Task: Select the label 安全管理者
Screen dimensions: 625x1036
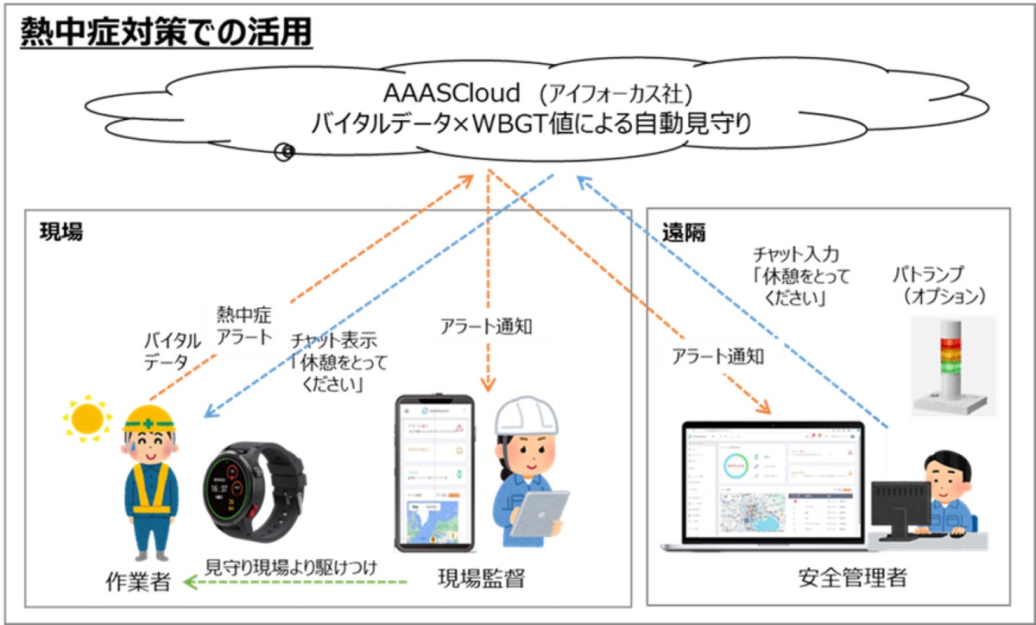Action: coord(843,577)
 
